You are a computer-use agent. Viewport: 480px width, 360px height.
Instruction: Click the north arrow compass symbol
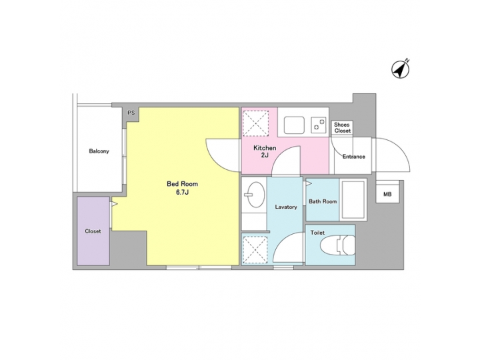point(401,69)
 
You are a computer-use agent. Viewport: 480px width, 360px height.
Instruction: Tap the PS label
point(131,113)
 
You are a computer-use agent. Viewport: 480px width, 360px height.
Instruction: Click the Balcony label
point(99,151)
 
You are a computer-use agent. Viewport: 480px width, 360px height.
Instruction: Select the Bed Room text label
point(182,184)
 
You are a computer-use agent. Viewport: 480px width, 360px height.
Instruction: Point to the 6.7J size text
point(182,193)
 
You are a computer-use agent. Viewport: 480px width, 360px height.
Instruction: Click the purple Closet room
point(93,231)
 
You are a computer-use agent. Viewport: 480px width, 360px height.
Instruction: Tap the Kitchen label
point(264,148)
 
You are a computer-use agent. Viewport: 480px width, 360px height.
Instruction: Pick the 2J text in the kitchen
point(264,155)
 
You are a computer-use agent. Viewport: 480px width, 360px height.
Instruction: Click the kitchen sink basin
point(295,125)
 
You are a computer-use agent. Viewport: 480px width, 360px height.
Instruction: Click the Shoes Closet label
point(342,127)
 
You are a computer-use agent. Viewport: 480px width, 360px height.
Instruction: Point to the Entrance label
point(353,157)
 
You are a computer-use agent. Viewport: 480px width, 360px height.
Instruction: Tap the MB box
point(387,194)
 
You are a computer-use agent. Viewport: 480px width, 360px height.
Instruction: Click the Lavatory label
point(286,207)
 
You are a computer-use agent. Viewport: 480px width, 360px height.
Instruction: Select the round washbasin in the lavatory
point(254,196)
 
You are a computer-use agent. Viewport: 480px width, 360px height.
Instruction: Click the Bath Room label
point(323,201)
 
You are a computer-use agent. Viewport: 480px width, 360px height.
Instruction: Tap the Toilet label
point(318,232)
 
